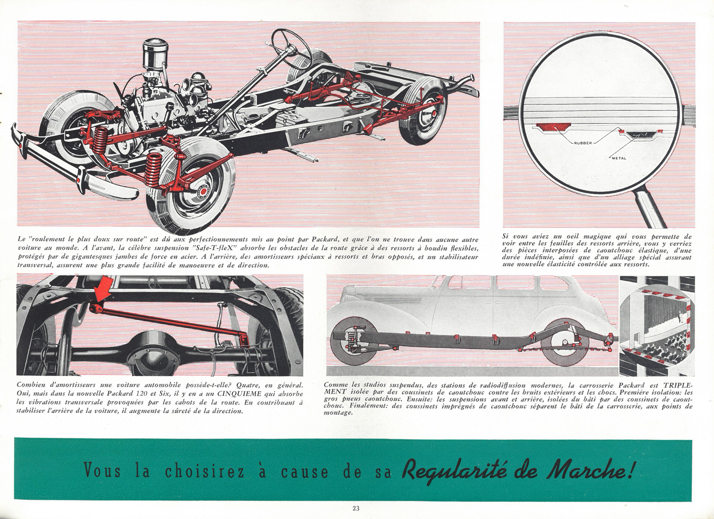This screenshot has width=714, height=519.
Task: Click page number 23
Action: pos(356,508)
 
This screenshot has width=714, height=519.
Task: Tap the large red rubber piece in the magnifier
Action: pos(548,128)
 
